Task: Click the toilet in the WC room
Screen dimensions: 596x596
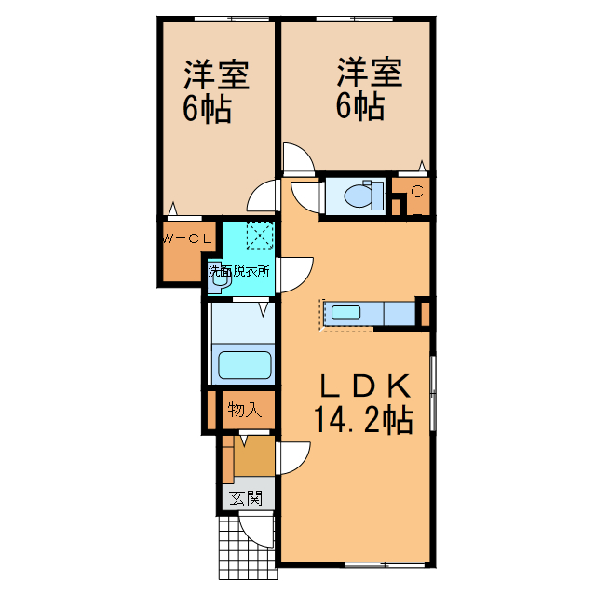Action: point(359,196)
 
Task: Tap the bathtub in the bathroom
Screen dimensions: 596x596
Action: point(244,364)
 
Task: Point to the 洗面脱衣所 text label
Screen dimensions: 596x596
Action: point(239,272)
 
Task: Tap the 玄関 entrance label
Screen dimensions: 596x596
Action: point(247,498)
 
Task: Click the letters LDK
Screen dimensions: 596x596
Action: point(365,383)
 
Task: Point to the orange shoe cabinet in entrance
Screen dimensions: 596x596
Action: point(253,456)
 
